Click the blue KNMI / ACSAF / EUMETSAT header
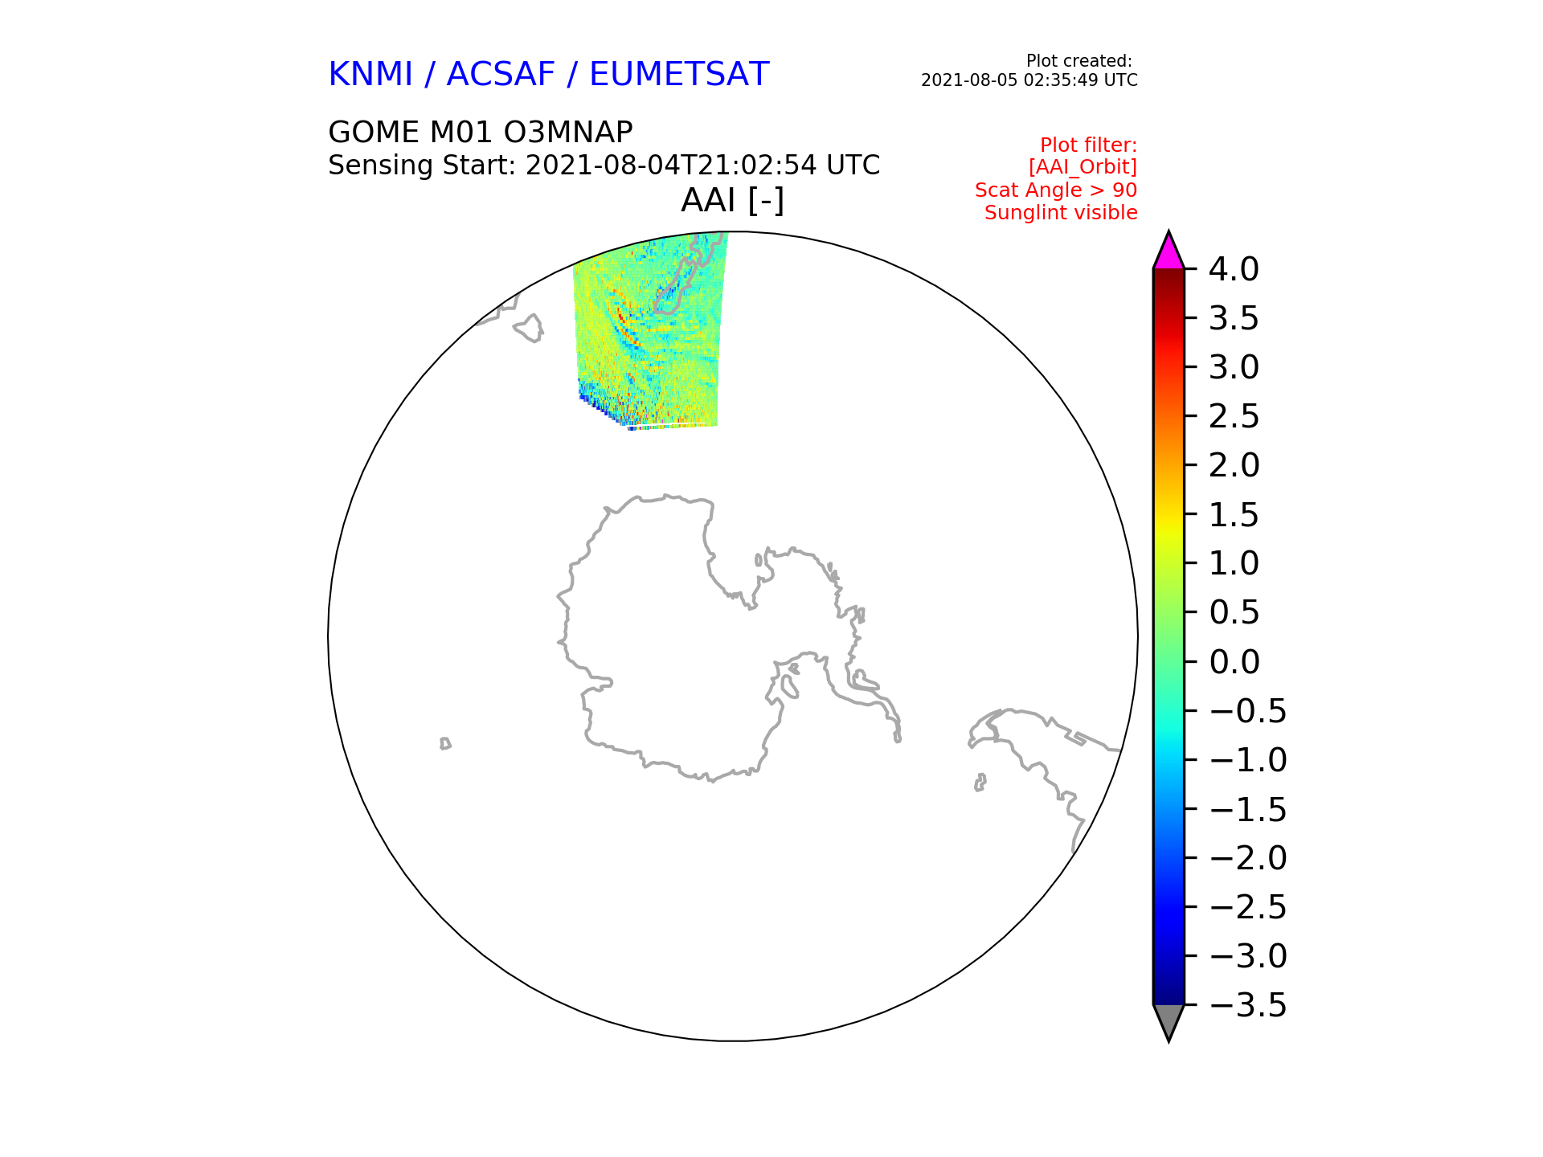(x=549, y=74)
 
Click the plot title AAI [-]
(x=732, y=200)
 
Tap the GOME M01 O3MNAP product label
(x=481, y=132)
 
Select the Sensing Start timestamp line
(x=604, y=166)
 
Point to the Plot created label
(x=1079, y=61)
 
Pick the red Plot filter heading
(x=1088, y=145)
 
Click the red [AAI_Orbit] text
(x=1083, y=167)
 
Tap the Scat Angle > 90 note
(x=1056, y=190)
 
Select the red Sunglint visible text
(x=1061, y=213)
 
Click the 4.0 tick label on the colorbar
(x=1234, y=269)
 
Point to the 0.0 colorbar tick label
(x=1234, y=662)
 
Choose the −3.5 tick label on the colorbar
(x=1247, y=1005)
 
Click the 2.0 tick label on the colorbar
(x=1234, y=465)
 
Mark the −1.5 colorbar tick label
(x=1247, y=809)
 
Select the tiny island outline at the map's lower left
(x=445, y=743)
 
